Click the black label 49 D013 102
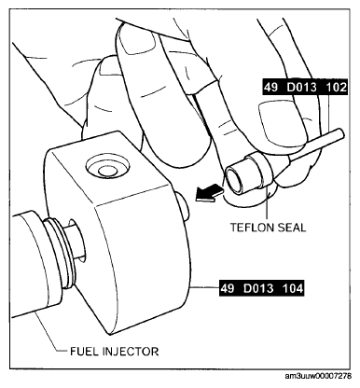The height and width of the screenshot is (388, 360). pos(305,88)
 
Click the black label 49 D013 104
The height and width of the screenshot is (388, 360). pos(261,288)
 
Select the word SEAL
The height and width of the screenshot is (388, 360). pos(291,228)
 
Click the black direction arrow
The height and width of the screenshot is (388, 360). pos(209,193)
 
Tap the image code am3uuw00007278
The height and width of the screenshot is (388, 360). pos(318,376)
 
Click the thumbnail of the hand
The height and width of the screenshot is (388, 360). pos(282,122)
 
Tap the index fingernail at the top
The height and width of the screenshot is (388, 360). pos(139,42)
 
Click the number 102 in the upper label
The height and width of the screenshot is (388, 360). pos(336,88)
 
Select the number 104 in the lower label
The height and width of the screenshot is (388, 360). pos(292,288)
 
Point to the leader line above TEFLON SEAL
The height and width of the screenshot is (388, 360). pos(267,203)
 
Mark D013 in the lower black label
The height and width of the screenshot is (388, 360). pos(260,288)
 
